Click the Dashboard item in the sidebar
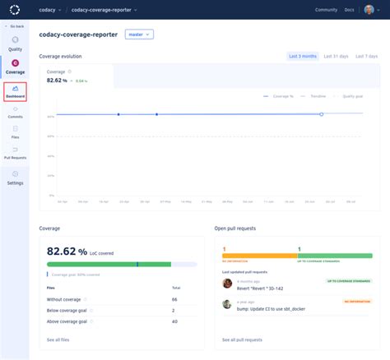pyautogui.click(x=16, y=92)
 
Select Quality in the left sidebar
pyautogui.click(x=16, y=44)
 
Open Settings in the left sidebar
pyautogui.click(x=16, y=178)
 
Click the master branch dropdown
pyautogui.click(x=139, y=35)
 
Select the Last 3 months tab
pyautogui.click(x=302, y=56)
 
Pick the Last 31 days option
pyautogui.click(x=336, y=56)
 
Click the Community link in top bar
pyautogui.click(x=326, y=10)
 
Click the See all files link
pyautogui.click(x=58, y=339)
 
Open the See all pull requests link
pyautogui.click(x=242, y=339)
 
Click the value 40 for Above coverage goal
pyautogui.click(x=174, y=321)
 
